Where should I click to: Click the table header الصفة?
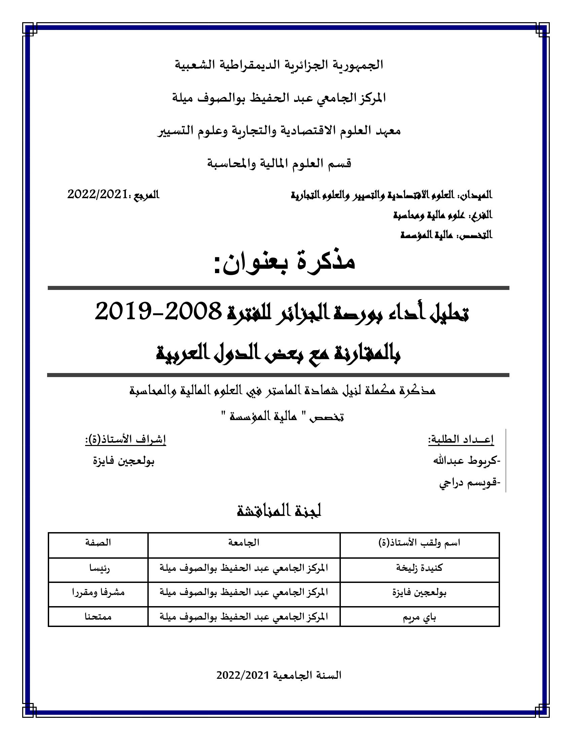(x=98, y=543)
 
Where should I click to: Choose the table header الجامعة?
(x=244, y=543)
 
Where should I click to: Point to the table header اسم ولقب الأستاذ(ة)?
(x=419, y=543)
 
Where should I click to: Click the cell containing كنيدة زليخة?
(x=419, y=567)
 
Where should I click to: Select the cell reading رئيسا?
(x=98, y=567)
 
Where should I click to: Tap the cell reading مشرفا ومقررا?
(x=98, y=592)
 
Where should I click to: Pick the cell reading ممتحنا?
(x=98, y=617)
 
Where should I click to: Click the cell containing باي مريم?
(x=419, y=617)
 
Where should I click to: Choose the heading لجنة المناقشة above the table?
(x=279, y=511)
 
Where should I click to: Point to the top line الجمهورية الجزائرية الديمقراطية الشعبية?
(x=279, y=65)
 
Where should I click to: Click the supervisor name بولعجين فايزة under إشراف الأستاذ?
(x=124, y=461)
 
